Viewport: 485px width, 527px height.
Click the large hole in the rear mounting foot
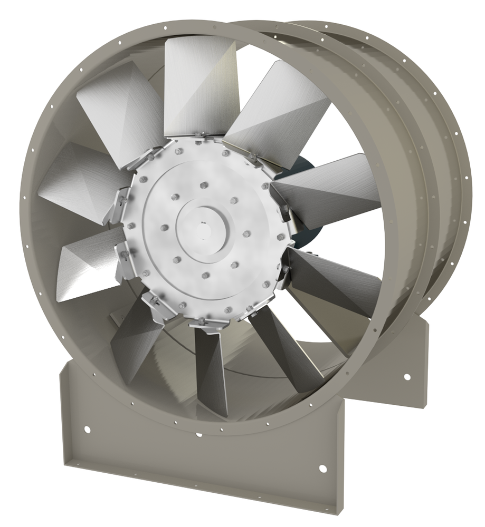tap(406, 377)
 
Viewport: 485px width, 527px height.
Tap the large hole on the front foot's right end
tap(322, 469)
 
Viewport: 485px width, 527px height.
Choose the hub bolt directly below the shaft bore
tap(205, 275)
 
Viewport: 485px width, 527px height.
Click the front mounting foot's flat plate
tap(201, 453)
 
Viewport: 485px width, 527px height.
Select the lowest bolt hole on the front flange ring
tap(199, 435)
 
